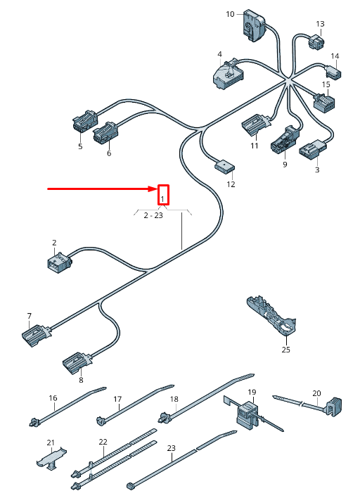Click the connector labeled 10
pos(255,25)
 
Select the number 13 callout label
pos(320,24)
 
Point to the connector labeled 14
pos(334,72)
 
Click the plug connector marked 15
pos(324,102)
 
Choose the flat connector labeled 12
pos(225,167)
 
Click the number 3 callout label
pos(317,170)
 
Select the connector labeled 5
pos(85,121)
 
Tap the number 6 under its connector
pos(109,153)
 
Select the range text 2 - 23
pos(153,215)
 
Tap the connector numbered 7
pos(36,334)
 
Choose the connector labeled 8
pos(77,362)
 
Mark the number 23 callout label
pos(171,448)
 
